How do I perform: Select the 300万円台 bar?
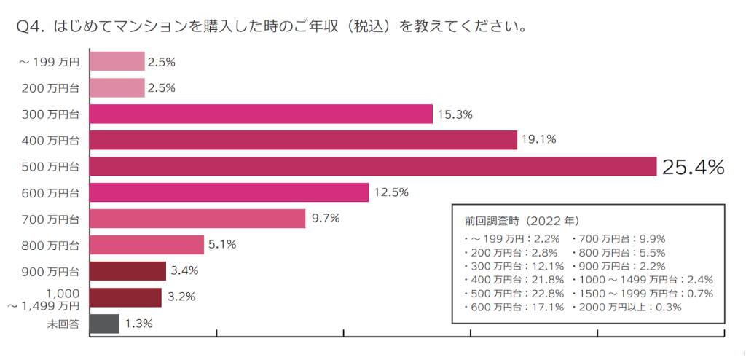pos(262,114)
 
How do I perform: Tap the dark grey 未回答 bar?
pos(104,324)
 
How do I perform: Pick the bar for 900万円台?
pos(127,271)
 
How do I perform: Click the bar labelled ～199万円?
pos(117,62)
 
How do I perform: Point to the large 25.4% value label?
pos(692,167)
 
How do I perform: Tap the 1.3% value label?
pos(138,324)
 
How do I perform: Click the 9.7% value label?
pos(326,219)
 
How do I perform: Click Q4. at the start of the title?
pos(31,27)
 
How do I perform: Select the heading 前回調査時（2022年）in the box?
pos(522,219)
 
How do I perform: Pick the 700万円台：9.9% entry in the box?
pos(619,238)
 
